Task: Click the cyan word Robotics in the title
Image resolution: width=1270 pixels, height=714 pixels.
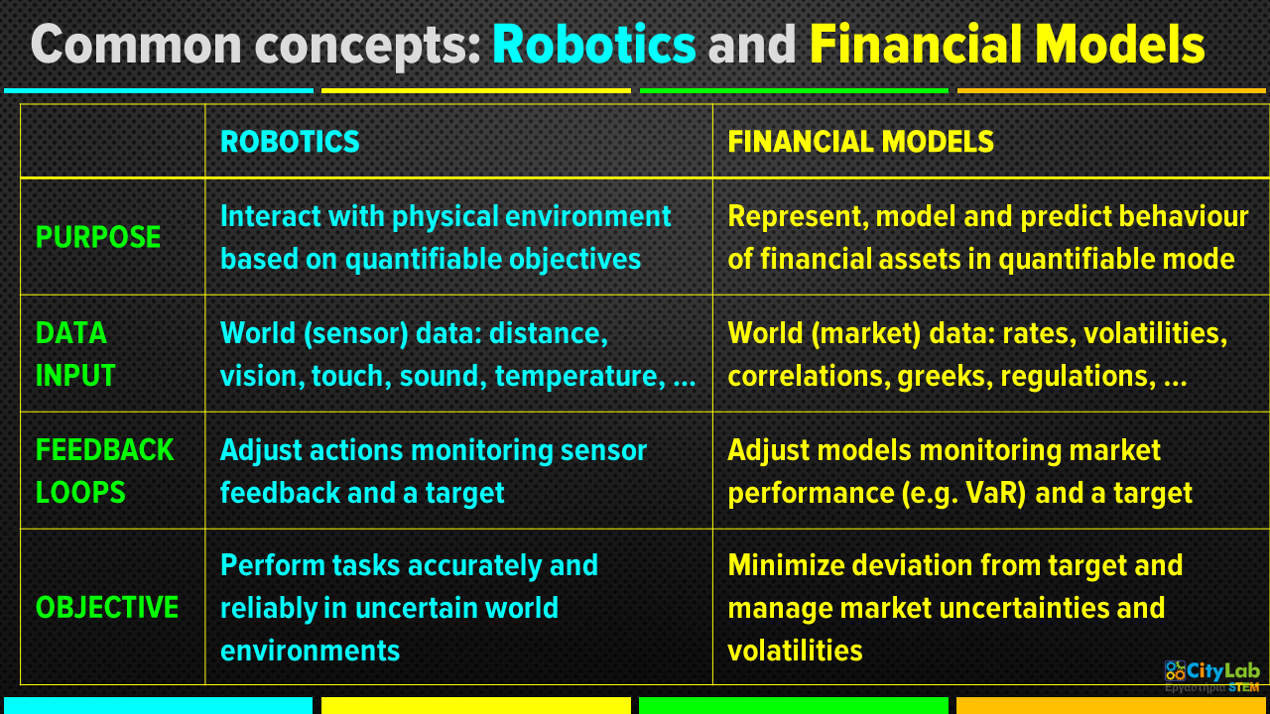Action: point(593,45)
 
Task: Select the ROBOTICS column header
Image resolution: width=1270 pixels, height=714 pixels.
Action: point(290,141)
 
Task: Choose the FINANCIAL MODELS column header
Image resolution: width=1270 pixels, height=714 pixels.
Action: point(860,141)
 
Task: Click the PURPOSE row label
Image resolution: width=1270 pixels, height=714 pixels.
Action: point(98,237)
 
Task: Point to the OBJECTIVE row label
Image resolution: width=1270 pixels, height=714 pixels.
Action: point(107,608)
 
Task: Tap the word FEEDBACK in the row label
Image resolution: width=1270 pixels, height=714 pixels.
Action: point(105,450)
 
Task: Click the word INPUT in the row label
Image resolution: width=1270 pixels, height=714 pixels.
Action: point(75,376)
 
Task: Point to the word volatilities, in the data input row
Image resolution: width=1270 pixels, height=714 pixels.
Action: point(1155,333)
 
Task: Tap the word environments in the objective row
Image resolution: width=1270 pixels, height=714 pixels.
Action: point(311,651)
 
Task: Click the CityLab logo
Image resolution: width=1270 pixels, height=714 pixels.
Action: point(1211,676)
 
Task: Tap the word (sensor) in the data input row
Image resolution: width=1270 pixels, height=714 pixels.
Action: point(356,333)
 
